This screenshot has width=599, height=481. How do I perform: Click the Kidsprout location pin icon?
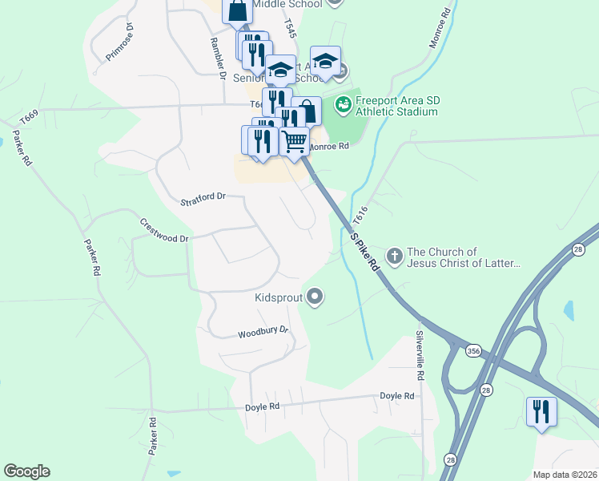(315, 297)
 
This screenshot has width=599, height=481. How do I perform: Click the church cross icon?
(394, 257)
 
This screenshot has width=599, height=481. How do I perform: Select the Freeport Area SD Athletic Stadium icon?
(343, 103)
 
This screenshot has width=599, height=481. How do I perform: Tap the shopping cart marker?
(294, 140)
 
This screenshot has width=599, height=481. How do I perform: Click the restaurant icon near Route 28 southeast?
(541, 412)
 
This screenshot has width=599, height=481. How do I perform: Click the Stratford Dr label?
(203, 196)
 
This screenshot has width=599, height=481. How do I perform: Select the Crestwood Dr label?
(163, 230)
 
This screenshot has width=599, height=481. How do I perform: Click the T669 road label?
(29, 118)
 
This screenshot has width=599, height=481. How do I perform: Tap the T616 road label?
(361, 214)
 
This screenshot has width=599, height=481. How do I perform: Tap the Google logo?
(26, 471)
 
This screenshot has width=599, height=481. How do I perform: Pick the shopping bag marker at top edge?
(237, 11)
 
